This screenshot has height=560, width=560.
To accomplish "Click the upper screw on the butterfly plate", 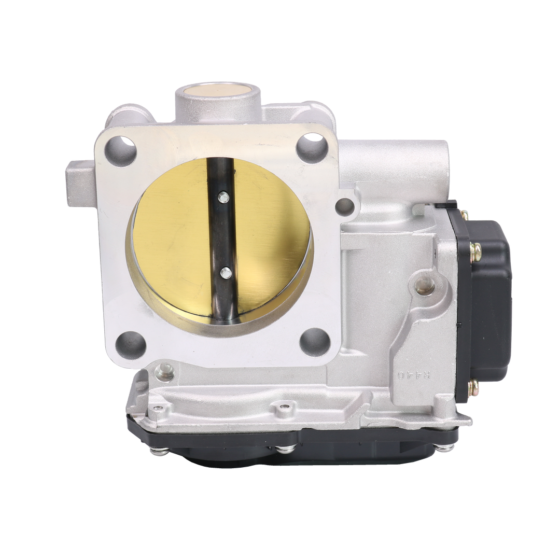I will click(223, 196).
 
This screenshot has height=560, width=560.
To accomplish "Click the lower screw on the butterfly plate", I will click(224, 270).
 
